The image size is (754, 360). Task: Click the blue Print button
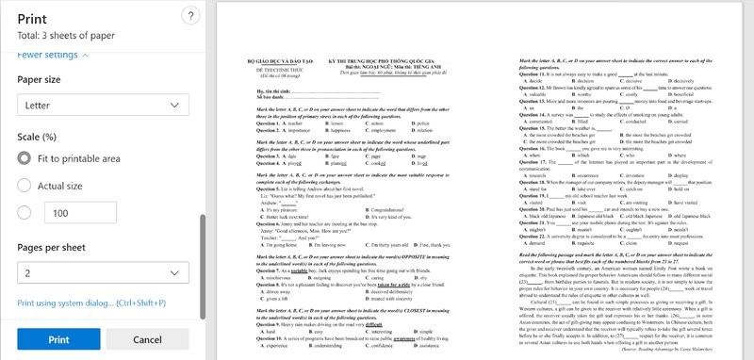tap(57, 338)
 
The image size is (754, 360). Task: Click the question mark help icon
tap(190, 16)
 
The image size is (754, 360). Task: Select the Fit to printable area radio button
tap(25, 157)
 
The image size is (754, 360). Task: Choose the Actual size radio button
tap(25, 185)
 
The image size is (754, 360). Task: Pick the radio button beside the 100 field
tap(25, 214)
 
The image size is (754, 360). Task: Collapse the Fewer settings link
tap(53, 55)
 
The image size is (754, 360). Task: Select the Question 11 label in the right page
tap(534, 74)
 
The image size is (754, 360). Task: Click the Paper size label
tap(41, 79)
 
